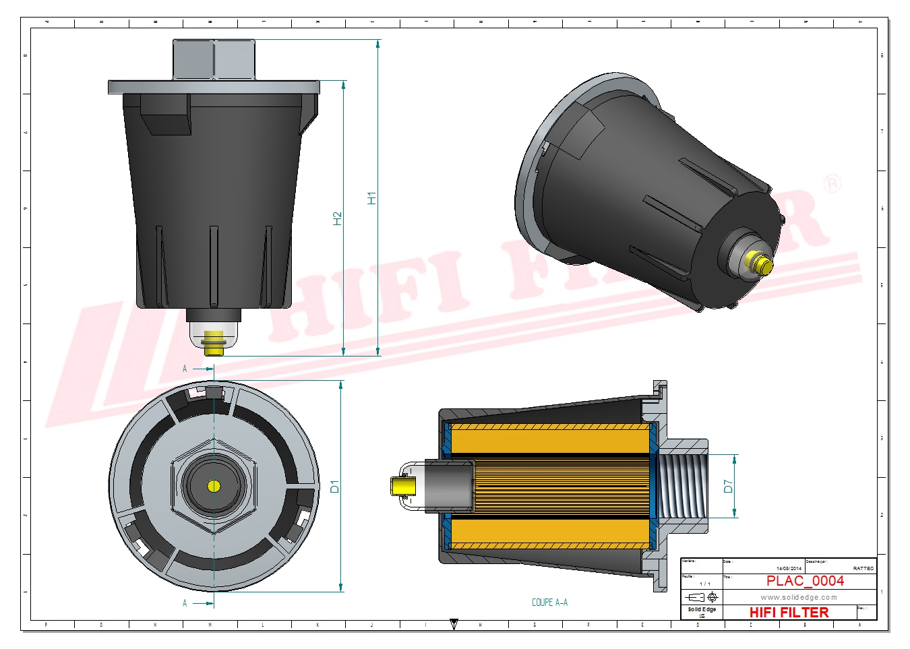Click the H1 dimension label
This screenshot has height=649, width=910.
pos(371,198)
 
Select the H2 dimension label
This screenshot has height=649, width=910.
pos(338,218)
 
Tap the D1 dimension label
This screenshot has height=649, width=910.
pos(335,486)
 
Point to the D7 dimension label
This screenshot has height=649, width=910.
pos(728,486)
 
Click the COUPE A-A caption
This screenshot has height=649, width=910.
pos(549,602)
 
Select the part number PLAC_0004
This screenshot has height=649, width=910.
pos(805,581)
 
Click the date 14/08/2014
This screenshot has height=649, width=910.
pos(789,569)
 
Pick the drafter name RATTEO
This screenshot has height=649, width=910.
pos(863,569)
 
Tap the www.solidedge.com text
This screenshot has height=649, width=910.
pos(799,597)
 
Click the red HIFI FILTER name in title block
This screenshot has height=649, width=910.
pos(789,613)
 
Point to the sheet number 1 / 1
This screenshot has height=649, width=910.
pos(704,584)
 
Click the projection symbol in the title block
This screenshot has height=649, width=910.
pos(702,597)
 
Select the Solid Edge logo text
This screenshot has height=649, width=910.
pos(702,610)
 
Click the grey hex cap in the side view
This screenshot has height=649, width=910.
pos(214,59)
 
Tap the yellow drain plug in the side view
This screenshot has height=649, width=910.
pos(214,341)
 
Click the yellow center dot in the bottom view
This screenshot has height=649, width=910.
pos(214,486)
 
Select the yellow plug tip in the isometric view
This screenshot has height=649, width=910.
pos(762,265)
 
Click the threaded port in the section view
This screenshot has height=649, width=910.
pos(681,486)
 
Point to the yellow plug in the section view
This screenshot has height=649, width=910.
pos(402,486)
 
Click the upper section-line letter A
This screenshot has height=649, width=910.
pos(185,369)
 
